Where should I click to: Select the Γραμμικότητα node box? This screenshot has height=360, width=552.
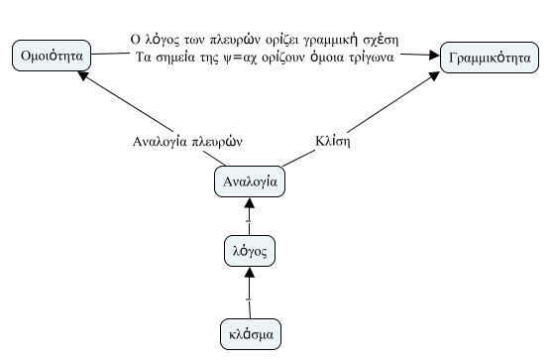[488, 57]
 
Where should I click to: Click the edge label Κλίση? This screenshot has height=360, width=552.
[336, 142]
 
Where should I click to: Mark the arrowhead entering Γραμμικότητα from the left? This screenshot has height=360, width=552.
[433, 57]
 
